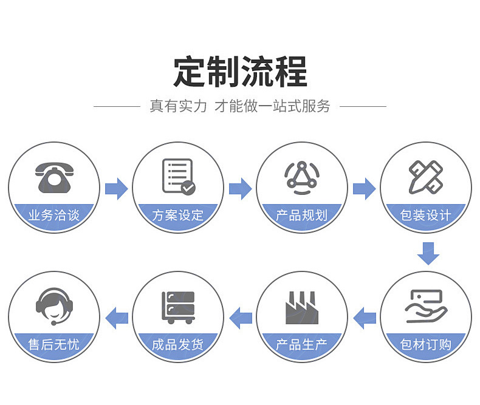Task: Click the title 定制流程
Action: click(240, 72)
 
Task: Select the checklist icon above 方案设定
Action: click(178, 176)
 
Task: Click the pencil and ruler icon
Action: click(425, 177)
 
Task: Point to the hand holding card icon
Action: click(425, 305)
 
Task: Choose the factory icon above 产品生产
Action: click(302, 307)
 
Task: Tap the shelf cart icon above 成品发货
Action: click(178, 307)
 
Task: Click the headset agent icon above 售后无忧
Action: click(53, 305)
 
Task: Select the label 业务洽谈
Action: click(53, 215)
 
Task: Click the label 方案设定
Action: click(178, 215)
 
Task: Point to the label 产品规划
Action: click(302, 215)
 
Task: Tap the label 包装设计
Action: click(425, 215)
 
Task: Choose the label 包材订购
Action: click(425, 345)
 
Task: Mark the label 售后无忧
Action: click(53, 345)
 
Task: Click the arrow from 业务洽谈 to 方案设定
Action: click(116, 188)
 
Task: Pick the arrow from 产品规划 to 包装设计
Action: click(364, 188)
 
